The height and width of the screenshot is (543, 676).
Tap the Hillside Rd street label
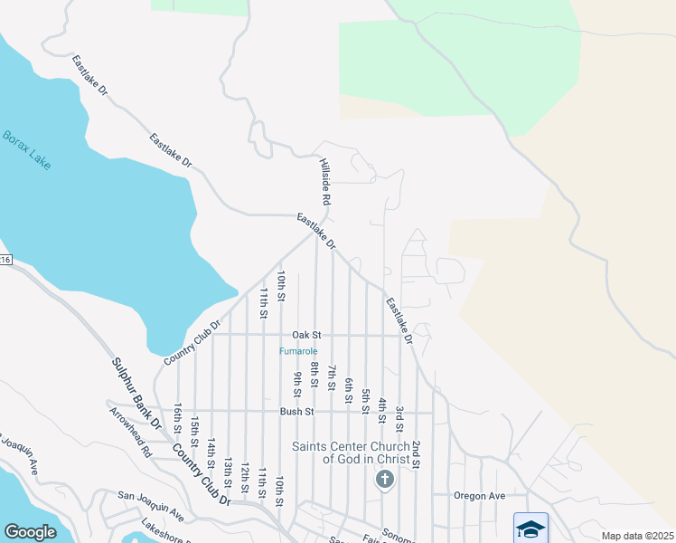click(325, 181)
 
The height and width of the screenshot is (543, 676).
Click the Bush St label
click(296, 411)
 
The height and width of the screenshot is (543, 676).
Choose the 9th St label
click(296, 384)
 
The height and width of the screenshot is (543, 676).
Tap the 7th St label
click(332, 376)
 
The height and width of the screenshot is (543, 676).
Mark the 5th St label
click(366, 401)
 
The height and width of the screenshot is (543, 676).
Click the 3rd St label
click(399, 419)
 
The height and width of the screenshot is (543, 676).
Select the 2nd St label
click(416, 455)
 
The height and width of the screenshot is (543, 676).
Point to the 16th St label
click(178, 418)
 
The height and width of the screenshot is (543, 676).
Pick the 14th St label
click(211, 453)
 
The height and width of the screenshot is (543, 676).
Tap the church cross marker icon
click(385, 479)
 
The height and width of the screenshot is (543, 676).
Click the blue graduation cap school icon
click(530, 528)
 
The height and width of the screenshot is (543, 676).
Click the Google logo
click(30, 532)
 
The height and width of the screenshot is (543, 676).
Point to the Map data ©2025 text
click(636, 536)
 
